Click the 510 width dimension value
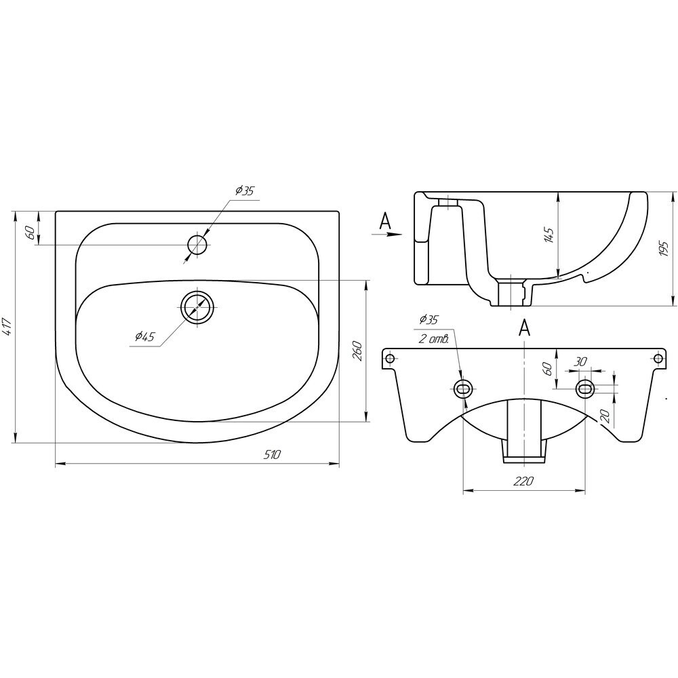(273, 454)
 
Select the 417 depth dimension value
(7, 327)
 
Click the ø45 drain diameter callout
(144, 336)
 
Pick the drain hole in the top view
(197, 306)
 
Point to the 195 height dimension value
(664, 249)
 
